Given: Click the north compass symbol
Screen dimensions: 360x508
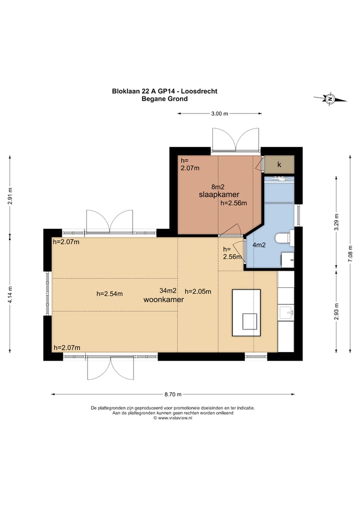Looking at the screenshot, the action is tap(330, 98).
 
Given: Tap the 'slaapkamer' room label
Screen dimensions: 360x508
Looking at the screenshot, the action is tap(219, 194).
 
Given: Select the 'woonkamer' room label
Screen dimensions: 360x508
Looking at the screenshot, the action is tap(163, 299).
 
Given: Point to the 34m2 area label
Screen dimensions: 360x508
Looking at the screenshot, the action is tap(168, 291).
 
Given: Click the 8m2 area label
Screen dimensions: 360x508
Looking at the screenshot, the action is tap(218, 187).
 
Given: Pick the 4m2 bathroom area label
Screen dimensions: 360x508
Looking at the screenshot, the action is tap(259, 245).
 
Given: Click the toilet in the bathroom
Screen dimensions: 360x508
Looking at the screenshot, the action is tap(284, 237).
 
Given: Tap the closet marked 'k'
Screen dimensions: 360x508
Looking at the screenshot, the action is tap(279, 164).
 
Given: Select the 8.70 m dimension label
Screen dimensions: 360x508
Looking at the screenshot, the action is tap(173, 394).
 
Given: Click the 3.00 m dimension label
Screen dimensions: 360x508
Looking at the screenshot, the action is tap(219, 113).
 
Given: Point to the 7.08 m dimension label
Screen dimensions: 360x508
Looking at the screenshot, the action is tap(350, 254).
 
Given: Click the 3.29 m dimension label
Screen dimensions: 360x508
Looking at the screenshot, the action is tap(336, 222).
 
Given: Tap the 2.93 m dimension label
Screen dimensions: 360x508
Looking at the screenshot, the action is tap(336, 311).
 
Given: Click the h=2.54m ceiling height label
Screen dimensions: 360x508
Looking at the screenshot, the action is tap(109, 294).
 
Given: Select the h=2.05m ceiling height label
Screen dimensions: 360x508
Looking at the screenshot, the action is tap(198, 291).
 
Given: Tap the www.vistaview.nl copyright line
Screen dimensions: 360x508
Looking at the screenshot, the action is tap(173, 418).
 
